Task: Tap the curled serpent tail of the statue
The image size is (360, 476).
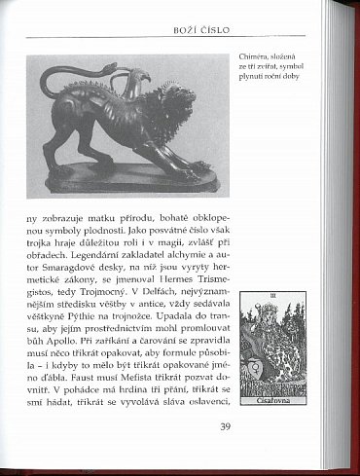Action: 60,80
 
